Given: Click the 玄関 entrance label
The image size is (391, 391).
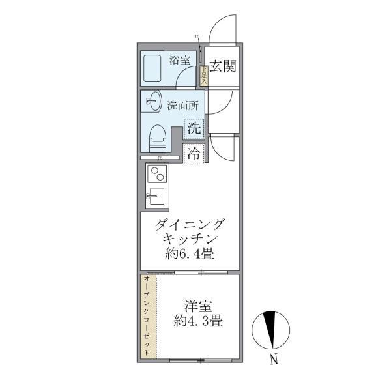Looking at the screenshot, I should pyautogui.click(x=222, y=66).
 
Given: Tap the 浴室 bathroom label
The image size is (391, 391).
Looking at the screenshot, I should pyautogui.click(x=180, y=61).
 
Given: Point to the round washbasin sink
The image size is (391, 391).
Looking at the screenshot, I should pyautogui.click(x=153, y=101).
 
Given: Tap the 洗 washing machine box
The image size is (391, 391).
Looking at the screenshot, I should pyautogui.click(x=194, y=128).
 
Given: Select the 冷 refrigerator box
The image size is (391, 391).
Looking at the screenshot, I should pyautogui.click(x=194, y=154).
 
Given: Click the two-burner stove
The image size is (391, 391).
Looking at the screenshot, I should pyautogui.click(x=157, y=174).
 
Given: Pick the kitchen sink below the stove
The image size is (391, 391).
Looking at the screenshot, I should pyautogui.click(x=156, y=195).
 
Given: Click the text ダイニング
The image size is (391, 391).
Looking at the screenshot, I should pyautogui.click(x=190, y=225).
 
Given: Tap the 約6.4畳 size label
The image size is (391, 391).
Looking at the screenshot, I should pyautogui.click(x=190, y=253).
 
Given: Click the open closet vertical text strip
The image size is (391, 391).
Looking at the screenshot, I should pyautogui.click(x=147, y=317).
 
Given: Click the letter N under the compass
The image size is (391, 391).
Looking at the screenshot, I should pyautogui.click(x=275, y=358).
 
